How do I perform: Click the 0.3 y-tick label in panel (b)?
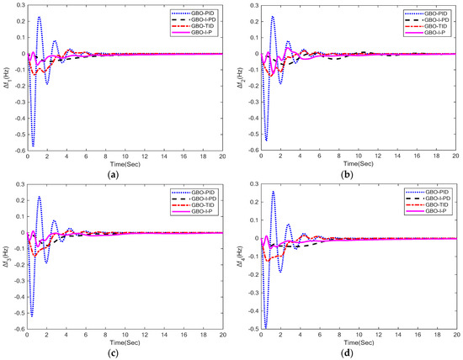248,4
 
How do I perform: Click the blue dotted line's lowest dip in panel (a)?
34,145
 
